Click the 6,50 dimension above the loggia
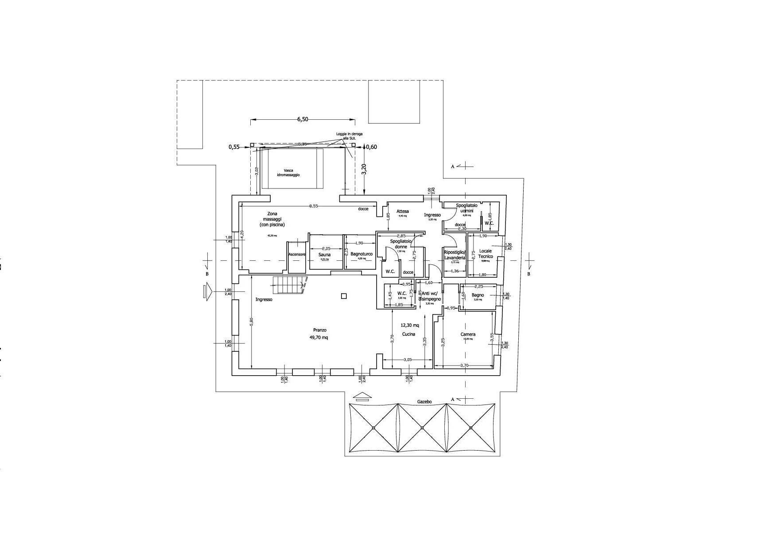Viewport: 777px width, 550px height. [302, 119]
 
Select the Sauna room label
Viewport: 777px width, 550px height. [324, 255]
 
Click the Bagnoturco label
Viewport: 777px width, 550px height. [361, 254]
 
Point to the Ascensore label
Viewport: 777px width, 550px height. [297, 255]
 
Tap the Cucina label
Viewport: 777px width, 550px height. [408, 334]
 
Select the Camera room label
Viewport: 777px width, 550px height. [468, 334]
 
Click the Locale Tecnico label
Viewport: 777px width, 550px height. [486, 254]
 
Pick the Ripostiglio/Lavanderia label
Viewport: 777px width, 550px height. [455, 255]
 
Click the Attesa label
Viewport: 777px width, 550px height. [403, 212]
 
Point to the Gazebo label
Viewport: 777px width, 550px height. [424, 402]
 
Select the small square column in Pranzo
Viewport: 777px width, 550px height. [343, 296]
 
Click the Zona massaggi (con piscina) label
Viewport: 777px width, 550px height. [272, 219]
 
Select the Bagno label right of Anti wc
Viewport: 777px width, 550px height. [478, 295]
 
